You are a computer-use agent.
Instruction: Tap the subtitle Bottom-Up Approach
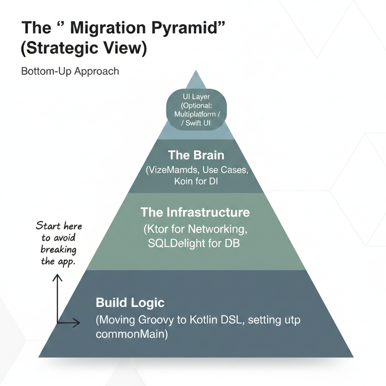(70, 71)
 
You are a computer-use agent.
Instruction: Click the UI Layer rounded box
(196, 110)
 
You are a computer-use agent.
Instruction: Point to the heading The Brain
(196, 155)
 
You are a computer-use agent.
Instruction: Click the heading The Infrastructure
(195, 212)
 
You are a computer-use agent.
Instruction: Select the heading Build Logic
(130, 302)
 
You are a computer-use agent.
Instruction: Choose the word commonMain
(130, 334)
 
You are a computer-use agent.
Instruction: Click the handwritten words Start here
(59, 227)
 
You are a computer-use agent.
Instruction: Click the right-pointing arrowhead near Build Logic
(78, 323)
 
